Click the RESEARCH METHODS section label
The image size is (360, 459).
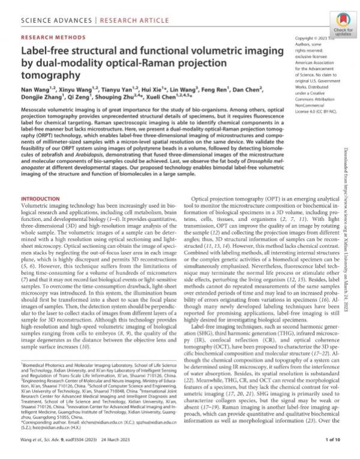point(47,36)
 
